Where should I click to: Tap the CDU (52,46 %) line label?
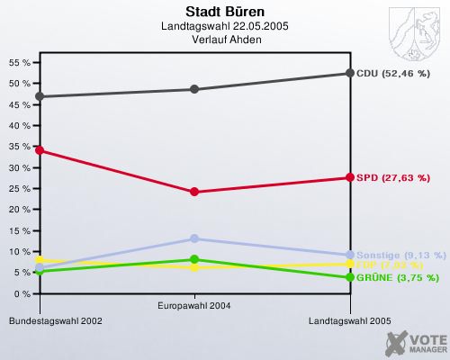(x=393, y=73)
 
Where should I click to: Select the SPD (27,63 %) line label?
(x=391, y=177)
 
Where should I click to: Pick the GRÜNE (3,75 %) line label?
(x=396, y=277)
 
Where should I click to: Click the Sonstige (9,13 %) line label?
(x=400, y=255)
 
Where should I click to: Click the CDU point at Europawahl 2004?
(x=193, y=89)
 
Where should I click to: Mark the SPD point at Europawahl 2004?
(x=193, y=192)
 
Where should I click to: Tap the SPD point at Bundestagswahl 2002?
(x=38, y=150)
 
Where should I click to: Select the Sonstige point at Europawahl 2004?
(x=193, y=238)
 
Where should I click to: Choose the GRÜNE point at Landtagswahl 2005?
(x=349, y=277)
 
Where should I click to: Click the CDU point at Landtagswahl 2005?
(x=349, y=73)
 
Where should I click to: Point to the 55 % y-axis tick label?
(x=18, y=62)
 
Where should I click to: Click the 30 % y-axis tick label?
(x=18, y=167)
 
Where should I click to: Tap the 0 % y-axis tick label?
(x=21, y=294)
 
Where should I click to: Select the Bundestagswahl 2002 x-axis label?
(x=50, y=320)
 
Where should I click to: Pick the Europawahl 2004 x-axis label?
(x=193, y=306)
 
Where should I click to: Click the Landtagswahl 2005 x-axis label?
(x=349, y=320)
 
